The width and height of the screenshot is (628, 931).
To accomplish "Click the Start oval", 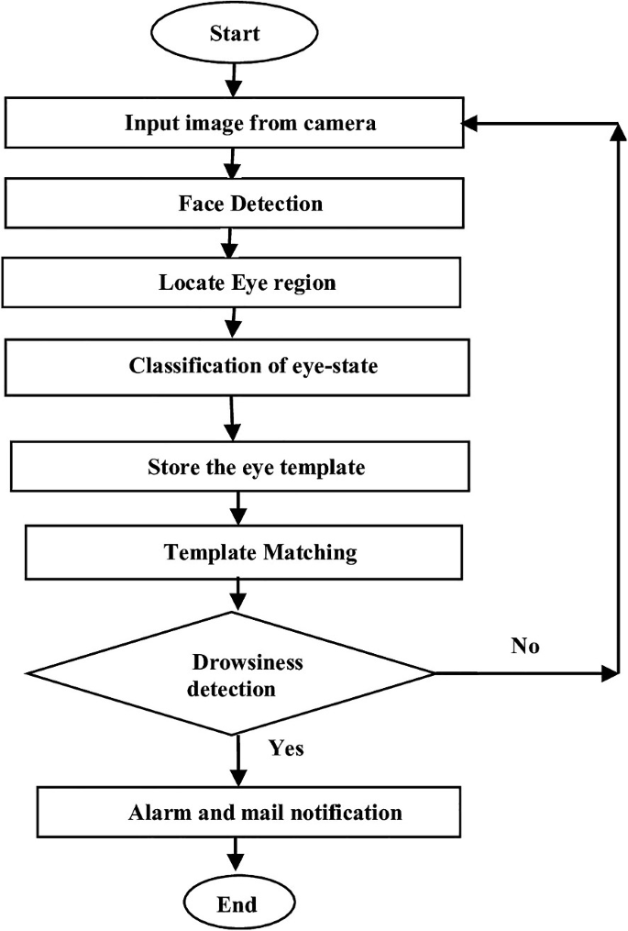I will pyautogui.click(x=235, y=34).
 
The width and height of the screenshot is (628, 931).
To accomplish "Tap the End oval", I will pyautogui.click(x=237, y=903).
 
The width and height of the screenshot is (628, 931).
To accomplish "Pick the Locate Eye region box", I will pyautogui.click(x=233, y=283).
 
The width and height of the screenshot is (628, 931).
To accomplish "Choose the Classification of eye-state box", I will pyautogui.click(x=237, y=365).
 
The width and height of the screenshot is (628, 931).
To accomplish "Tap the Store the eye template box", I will pyautogui.click(x=240, y=467).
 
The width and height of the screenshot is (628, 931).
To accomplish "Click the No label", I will pyautogui.click(x=525, y=647).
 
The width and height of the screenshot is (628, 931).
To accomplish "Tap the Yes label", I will pyautogui.click(x=286, y=748).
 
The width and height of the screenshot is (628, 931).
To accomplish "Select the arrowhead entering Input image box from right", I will pyautogui.click(x=475, y=122).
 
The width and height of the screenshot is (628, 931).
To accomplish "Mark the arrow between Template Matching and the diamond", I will pyautogui.click(x=239, y=594).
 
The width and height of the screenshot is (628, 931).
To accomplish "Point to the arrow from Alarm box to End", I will pyautogui.click(x=236, y=855).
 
